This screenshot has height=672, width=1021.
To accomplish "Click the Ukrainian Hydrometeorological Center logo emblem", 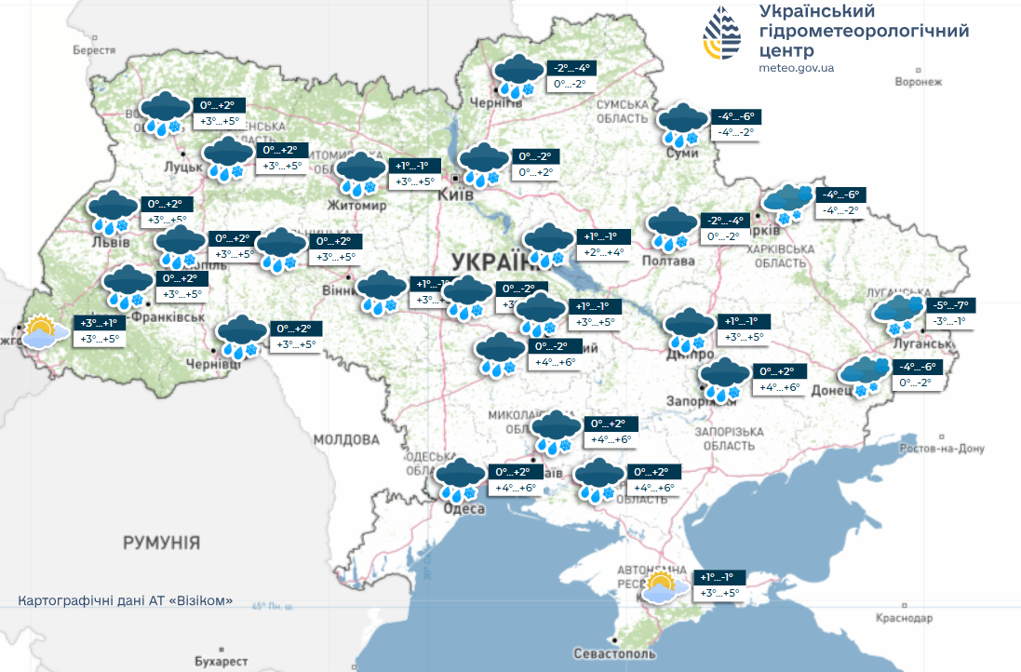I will [x=725, y=34].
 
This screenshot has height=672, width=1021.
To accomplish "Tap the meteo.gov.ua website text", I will [x=796, y=68].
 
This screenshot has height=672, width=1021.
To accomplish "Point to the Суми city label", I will [x=682, y=153].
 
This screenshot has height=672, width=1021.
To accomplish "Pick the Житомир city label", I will [x=356, y=205].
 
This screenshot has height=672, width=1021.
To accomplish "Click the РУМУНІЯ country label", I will [x=162, y=543].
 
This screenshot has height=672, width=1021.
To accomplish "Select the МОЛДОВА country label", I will [x=346, y=438].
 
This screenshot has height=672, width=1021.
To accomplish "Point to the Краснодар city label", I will [x=903, y=618].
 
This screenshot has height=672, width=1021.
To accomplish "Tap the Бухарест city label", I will [x=222, y=660].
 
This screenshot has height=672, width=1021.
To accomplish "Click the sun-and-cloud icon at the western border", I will [x=43, y=331].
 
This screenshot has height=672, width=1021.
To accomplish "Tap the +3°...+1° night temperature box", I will [x=99, y=323].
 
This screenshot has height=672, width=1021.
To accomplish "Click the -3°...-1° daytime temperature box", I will [x=948, y=321].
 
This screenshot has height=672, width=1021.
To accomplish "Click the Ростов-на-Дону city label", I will [x=942, y=449].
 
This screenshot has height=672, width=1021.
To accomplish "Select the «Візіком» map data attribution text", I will [x=126, y=600].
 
